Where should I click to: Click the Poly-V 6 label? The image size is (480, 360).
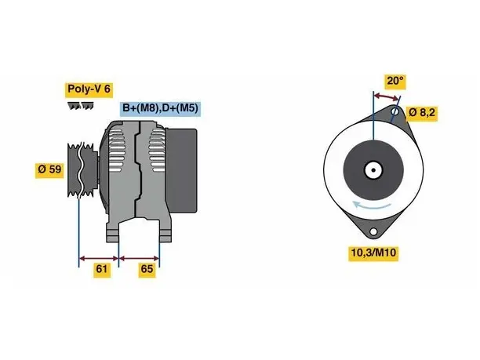[x=89, y=89]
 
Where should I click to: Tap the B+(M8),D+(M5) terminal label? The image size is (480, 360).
[x=160, y=108]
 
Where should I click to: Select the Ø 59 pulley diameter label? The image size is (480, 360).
[x=49, y=169]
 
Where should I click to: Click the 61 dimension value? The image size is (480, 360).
[x=102, y=269]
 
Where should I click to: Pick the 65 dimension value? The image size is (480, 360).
[x=147, y=269]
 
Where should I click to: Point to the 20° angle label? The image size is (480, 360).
[x=395, y=81]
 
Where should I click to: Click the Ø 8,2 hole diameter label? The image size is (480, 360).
[x=421, y=113]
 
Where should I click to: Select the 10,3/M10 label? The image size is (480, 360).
[x=373, y=253]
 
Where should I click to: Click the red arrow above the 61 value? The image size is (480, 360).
[x=99, y=259]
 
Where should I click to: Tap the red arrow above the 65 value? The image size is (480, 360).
[x=140, y=259]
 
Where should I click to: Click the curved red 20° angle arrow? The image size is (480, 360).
[x=387, y=96]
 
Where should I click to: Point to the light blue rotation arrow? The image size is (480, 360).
[x=371, y=205]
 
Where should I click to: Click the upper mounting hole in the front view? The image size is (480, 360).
[x=395, y=111]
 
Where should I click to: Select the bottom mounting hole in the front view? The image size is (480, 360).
[x=373, y=231]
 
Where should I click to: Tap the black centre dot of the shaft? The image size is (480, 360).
[x=373, y=170]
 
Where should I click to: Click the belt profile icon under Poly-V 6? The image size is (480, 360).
[x=81, y=106]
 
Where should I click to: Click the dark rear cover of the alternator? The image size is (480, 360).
[x=181, y=170]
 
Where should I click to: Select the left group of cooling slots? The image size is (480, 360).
[x=117, y=151]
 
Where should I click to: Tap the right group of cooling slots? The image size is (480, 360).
[x=157, y=151]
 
